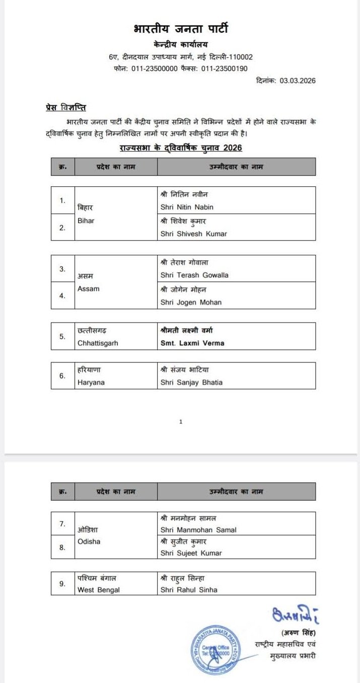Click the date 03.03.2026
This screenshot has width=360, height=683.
click(298, 81)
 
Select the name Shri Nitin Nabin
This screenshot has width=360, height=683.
click(187, 207)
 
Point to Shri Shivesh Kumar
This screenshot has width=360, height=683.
click(193, 234)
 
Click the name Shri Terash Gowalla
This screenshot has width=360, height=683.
click(194, 275)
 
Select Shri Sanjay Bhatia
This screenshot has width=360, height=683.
click(191, 382)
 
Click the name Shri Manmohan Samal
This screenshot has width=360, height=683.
click(198, 529)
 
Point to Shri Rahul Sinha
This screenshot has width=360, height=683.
click(189, 589)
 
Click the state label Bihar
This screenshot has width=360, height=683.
click(86, 220)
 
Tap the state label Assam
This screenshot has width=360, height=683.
click(89, 288)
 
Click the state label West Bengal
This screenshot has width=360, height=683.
click(99, 590)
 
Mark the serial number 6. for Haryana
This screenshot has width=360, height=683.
click(62, 375)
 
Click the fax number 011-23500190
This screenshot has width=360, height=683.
click(225, 68)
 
